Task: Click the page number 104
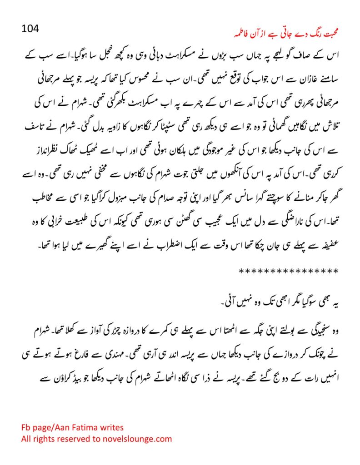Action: (31, 29)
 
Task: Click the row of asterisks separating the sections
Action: (288, 271)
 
